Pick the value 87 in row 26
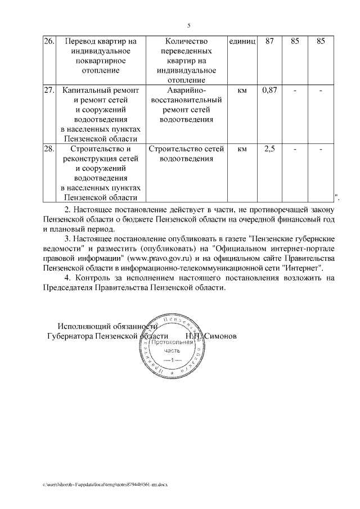pyautogui.click(x=269, y=42)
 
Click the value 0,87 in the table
pyautogui.click(x=269, y=90)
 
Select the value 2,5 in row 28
pyautogui.click(x=269, y=149)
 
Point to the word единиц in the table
pyautogui.click(x=242, y=42)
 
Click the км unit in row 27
pyautogui.click(x=242, y=90)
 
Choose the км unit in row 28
pyautogui.click(x=242, y=149)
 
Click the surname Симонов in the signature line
pyautogui.click(x=220, y=336)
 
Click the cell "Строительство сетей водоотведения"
pyautogui.click(x=186, y=154)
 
